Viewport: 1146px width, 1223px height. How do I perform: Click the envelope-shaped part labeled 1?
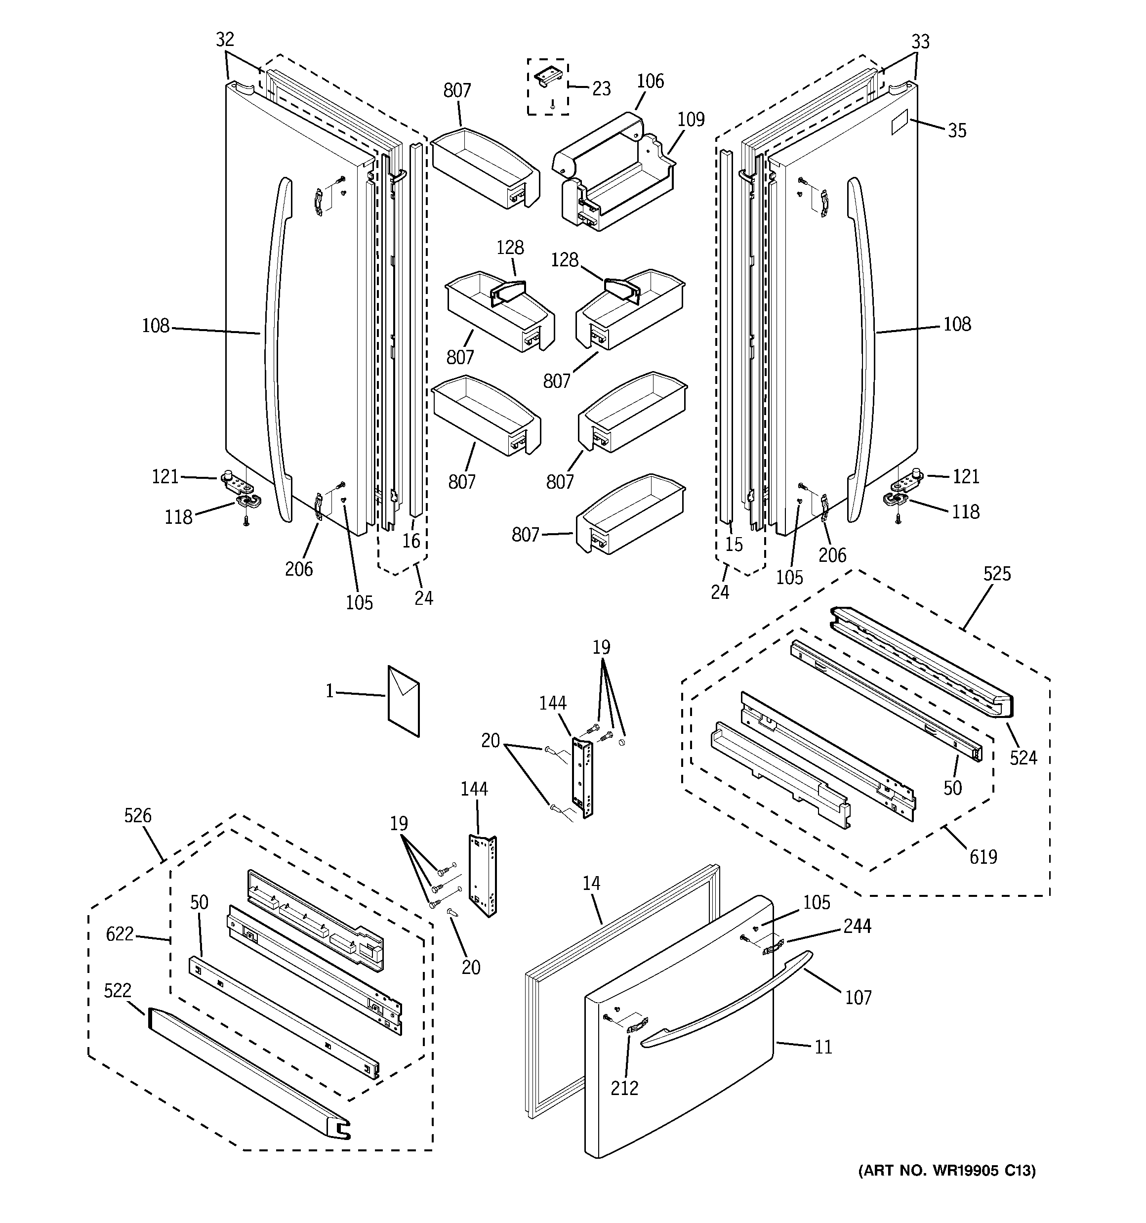[404, 701]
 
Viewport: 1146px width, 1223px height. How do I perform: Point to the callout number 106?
[650, 81]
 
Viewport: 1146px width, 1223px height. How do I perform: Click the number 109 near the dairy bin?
[691, 120]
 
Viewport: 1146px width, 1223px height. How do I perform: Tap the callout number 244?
[858, 926]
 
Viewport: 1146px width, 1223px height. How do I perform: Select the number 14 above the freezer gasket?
[591, 884]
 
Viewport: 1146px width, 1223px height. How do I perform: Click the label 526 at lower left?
[138, 816]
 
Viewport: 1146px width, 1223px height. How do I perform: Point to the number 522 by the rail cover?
[118, 990]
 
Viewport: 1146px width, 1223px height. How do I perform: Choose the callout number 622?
[120, 934]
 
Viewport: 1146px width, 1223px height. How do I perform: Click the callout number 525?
[996, 574]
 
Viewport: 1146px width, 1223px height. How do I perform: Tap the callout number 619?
[982, 856]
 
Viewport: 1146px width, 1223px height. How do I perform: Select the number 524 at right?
[1023, 758]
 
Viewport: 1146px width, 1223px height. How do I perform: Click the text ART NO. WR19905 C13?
[947, 1188]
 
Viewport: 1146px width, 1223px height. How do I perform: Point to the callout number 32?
[225, 40]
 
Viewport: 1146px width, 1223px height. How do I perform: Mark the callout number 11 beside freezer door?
[823, 1047]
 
